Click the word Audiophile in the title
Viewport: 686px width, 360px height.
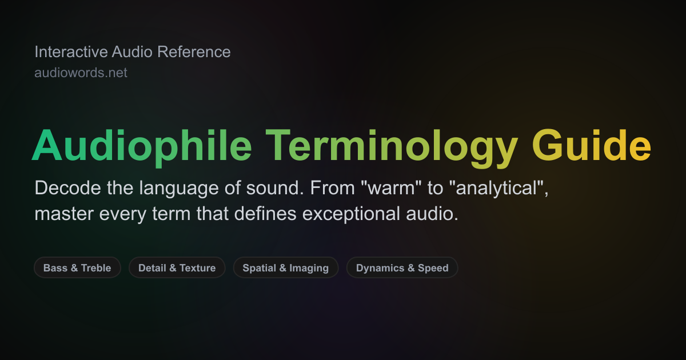(x=142, y=146)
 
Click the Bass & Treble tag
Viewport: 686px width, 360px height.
(x=77, y=267)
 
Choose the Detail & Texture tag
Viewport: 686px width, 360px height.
(x=177, y=267)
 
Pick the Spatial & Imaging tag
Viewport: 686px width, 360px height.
(x=285, y=267)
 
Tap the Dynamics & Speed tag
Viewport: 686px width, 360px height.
(x=402, y=267)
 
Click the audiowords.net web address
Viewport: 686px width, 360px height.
(x=81, y=73)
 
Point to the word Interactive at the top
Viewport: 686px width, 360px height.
(x=71, y=52)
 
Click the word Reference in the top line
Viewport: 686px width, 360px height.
(x=194, y=52)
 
